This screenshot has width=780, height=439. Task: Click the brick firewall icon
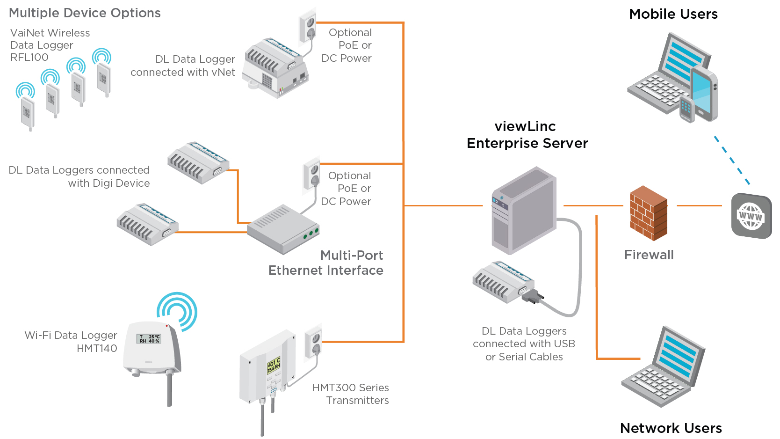pos(648,213)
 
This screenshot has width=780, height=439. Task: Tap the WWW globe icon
pos(751,216)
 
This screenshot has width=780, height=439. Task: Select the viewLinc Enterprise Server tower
pos(524,211)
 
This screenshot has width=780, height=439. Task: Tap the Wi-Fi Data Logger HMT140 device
pos(152,349)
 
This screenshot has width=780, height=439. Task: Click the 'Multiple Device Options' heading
pos(85,13)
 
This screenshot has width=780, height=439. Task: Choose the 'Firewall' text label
pos(649,255)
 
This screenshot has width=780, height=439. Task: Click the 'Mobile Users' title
pos(673,14)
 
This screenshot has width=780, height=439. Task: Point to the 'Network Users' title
pos(671,428)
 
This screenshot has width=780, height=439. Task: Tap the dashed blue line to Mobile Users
pos(731,160)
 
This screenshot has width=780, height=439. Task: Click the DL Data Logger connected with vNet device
pos(275,68)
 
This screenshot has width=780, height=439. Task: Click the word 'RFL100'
pos(29,58)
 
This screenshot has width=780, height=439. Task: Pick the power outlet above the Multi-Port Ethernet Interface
pos(311,176)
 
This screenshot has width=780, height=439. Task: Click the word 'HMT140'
pos(97,349)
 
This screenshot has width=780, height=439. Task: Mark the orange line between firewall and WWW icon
pos(699,205)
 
